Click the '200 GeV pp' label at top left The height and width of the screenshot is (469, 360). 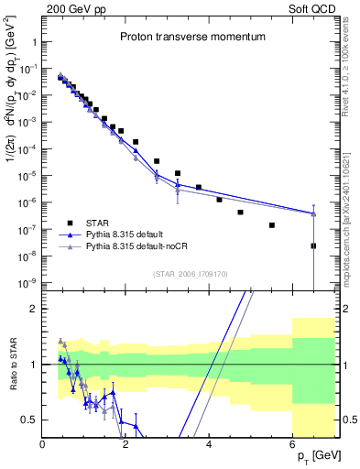[x=74, y=7]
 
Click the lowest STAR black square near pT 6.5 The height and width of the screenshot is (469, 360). [x=313, y=245]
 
